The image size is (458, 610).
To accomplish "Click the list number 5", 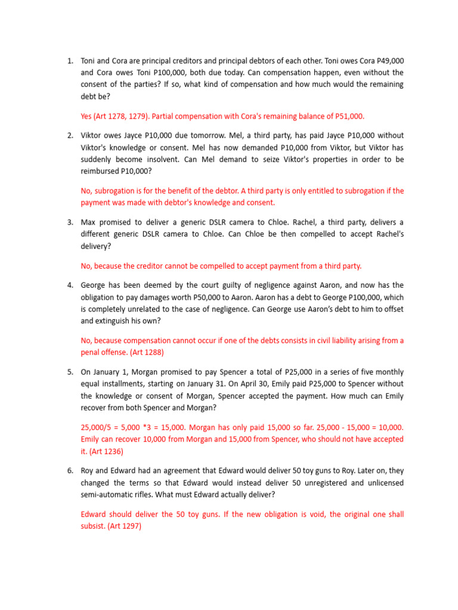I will [x=70, y=372].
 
